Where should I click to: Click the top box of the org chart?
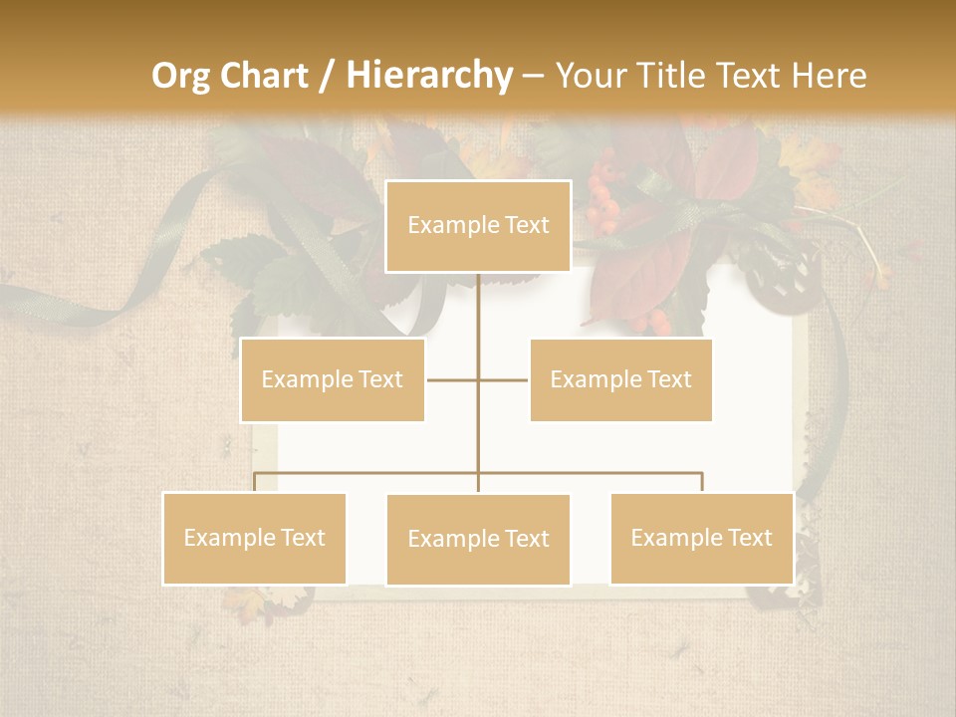click(478, 226)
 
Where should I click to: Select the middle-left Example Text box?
click(333, 379)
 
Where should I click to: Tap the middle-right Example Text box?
click(620, 379)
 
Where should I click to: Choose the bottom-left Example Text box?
click(255, 538)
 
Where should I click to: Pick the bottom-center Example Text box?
click(478, 540)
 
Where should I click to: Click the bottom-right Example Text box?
click(701, 538)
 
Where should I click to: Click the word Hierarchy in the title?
click(428, 76)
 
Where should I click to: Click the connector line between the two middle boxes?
click(478, 379)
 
